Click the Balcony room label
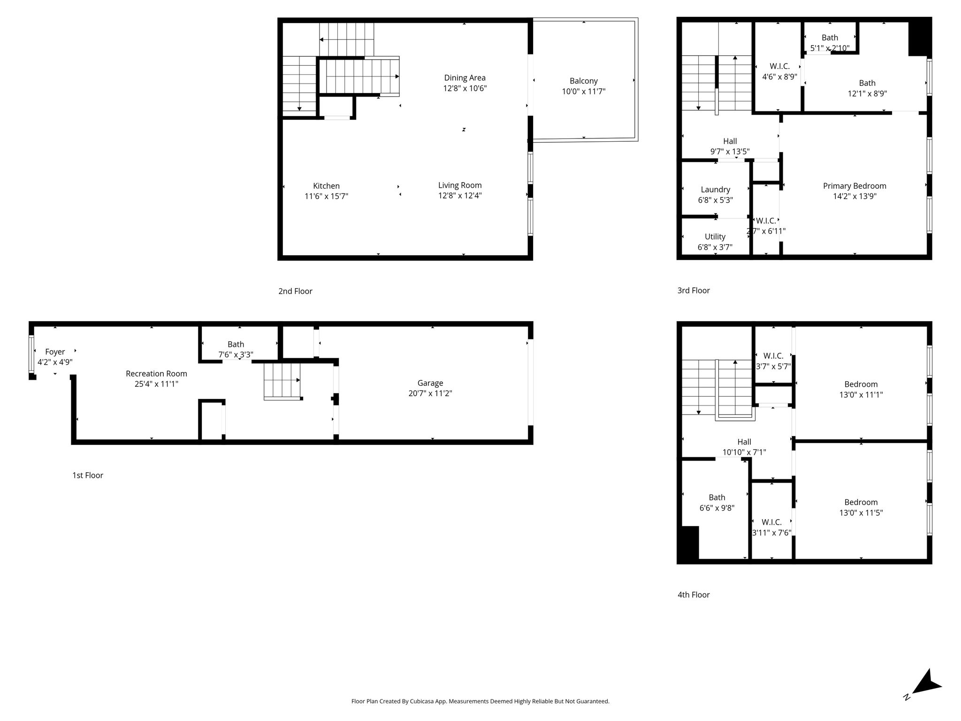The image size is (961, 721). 584,81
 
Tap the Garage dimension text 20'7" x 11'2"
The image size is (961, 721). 430,393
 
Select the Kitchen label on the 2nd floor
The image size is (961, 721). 327,186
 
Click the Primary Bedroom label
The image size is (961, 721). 854,186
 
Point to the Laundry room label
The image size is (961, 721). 716,190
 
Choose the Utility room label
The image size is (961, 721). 715,237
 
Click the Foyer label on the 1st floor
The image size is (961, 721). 55,352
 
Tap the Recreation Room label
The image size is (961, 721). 156,374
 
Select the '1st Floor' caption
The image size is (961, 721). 88,475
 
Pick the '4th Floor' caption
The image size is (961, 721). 694,595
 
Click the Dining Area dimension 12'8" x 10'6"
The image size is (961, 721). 465,88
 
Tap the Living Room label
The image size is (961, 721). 460,185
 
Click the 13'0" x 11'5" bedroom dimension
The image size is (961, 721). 861,513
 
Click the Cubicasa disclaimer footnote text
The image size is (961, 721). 480,701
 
